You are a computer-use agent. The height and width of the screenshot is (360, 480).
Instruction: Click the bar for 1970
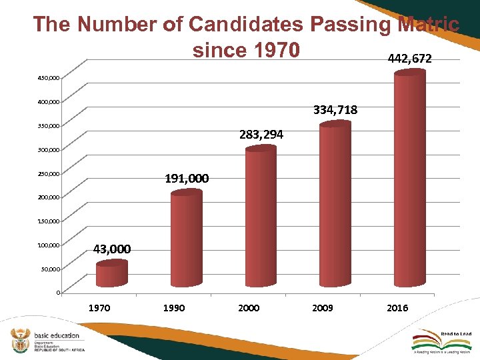pos(111,275)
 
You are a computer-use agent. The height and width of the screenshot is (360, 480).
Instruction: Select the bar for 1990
pos(186,240)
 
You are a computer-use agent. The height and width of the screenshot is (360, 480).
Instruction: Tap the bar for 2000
pos(260,218)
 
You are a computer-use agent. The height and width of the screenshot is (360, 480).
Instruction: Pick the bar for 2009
pos(335,205)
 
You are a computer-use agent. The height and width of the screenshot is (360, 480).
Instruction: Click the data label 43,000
pos(112,249)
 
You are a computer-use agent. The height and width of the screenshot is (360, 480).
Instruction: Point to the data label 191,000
pos(187,179)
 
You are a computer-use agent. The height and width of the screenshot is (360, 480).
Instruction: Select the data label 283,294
pos(261,135)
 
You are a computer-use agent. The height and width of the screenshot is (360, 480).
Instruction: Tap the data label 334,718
pos(335,110)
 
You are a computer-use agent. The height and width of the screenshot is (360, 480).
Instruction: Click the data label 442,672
pos(409,59)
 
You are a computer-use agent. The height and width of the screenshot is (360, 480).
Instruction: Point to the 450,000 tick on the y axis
pos(48,78)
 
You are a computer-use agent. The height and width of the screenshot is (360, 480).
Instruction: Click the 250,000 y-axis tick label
pos(48,174)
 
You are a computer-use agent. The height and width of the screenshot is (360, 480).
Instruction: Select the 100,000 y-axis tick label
pos(48,245)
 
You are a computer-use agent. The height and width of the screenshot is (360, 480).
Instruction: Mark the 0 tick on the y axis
pos(58,293)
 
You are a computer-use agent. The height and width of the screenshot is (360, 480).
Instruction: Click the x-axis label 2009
pos(323,308)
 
